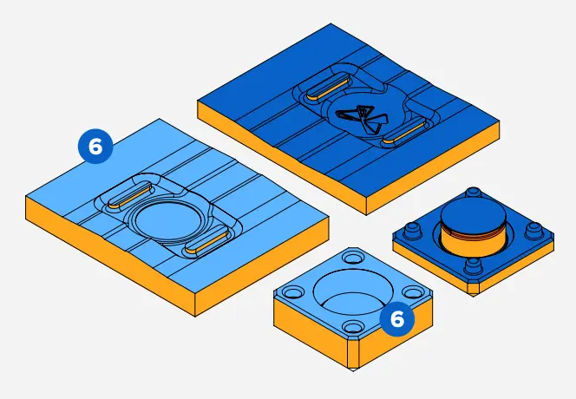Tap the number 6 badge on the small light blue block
[396, 318]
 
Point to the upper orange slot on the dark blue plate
[326, 85]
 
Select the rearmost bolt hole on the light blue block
[353, 258]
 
